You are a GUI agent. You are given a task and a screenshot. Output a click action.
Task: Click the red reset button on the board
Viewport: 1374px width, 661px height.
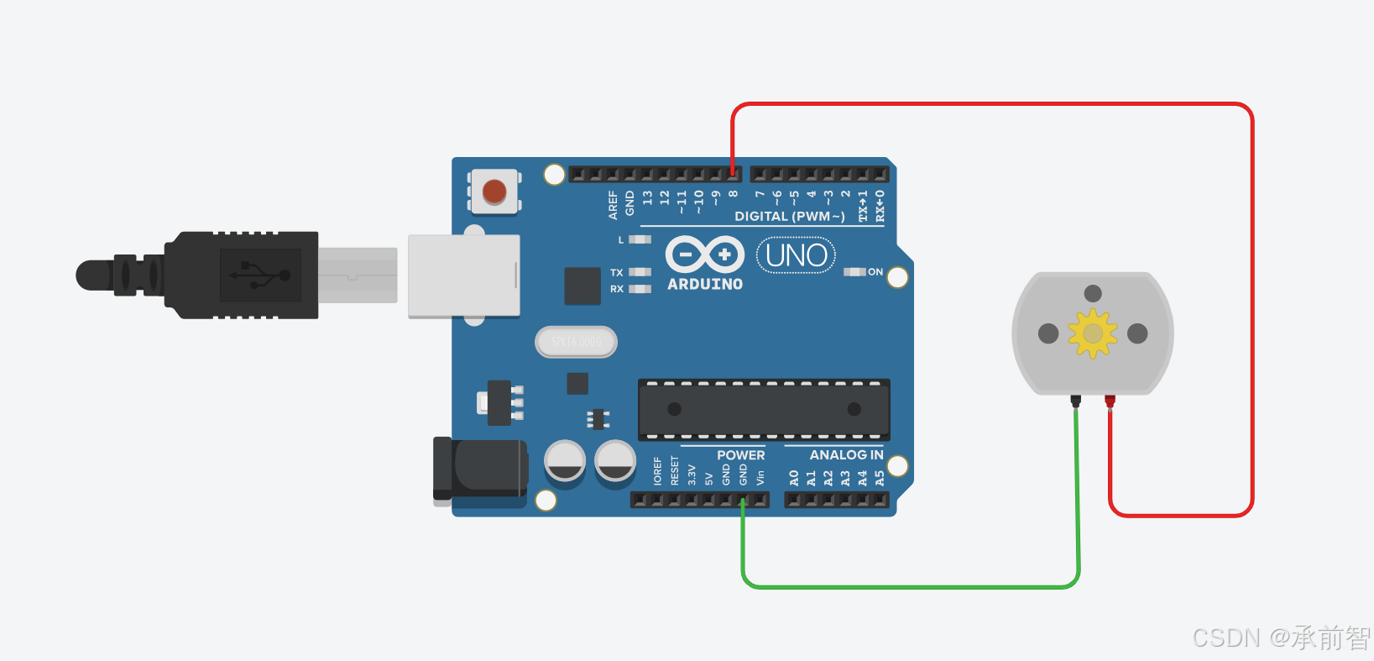pos(494,191)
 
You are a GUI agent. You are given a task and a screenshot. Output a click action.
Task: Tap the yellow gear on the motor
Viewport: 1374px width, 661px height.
pos(1092,333)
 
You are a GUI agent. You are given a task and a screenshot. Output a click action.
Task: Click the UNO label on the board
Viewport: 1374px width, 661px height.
pos(796,255)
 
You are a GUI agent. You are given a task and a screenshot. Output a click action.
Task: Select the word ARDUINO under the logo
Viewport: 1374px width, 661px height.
pos(705,285)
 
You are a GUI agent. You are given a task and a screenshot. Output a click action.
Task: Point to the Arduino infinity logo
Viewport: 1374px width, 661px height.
pos(705,254)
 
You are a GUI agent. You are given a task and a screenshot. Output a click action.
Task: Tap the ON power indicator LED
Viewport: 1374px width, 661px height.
pos(854,272)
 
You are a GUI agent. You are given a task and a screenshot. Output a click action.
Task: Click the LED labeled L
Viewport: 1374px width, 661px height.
pos(640,239)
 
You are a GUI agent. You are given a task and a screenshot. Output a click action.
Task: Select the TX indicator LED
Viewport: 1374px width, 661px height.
pos(640,272)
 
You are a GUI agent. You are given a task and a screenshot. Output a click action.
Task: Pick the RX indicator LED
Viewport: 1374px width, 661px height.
pos(640,289)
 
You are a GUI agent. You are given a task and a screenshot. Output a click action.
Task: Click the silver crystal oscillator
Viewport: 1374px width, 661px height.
pos(576,342)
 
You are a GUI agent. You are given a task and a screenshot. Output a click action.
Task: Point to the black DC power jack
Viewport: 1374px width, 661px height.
pos(480,469)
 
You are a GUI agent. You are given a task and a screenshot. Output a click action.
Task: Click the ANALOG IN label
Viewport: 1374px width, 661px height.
pos(846,455)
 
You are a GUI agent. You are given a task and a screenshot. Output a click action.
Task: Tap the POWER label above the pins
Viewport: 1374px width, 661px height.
pos(740,455)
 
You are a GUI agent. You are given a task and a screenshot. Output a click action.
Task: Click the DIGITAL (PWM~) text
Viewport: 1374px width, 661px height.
pos(789,217)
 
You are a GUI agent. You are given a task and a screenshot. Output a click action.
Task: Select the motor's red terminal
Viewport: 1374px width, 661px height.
pos(1110,401)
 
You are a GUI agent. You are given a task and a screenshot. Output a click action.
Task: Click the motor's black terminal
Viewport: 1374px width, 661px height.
pos(1075,401)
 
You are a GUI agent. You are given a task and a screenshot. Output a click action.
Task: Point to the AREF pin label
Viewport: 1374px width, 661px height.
pos(613,205)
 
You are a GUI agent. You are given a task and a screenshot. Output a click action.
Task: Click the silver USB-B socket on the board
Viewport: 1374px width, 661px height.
pos(463,275)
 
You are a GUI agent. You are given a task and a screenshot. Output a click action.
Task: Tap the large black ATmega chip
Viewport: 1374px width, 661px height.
pos(764,410)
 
